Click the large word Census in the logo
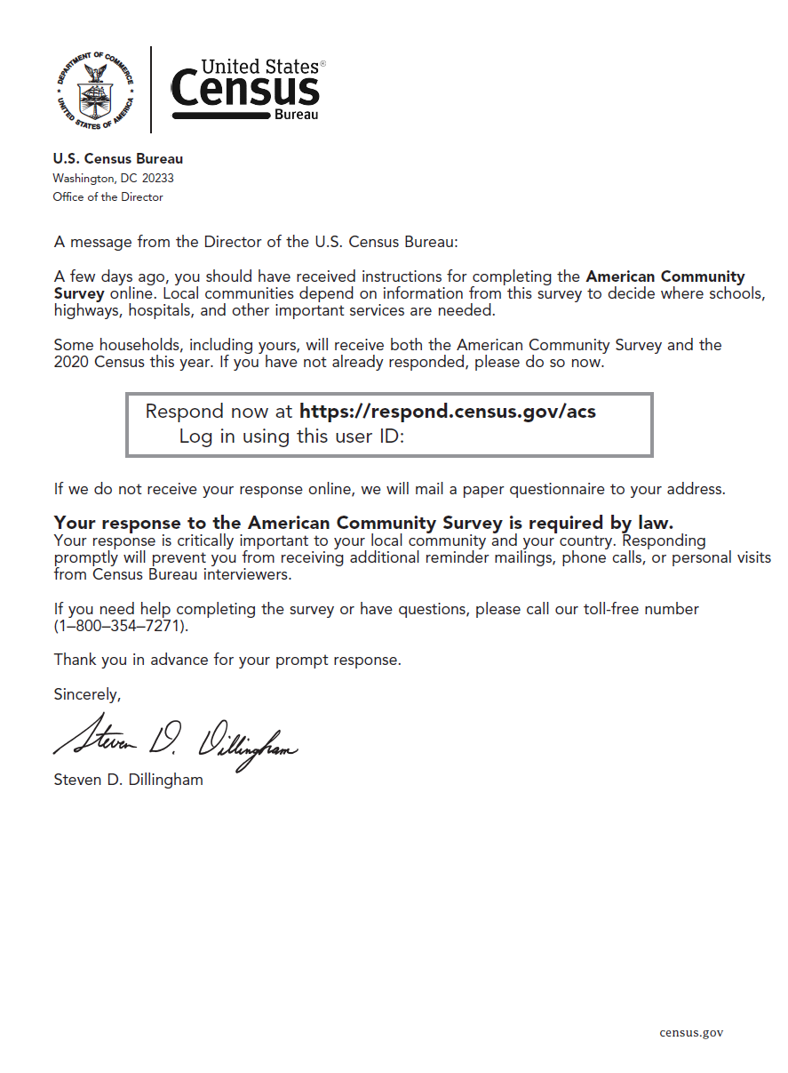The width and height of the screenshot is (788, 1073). pos(244,90)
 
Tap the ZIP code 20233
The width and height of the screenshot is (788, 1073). pos(157,178)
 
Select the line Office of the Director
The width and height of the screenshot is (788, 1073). pos(107,196)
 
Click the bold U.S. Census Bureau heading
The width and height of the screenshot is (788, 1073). pos(118,159)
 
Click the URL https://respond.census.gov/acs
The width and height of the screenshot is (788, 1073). pos(448,412)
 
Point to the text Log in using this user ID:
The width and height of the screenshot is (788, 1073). pos(292,436)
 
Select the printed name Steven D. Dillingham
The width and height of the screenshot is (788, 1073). pos(128,780)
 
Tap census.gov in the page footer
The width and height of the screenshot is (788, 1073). pos(691,1032)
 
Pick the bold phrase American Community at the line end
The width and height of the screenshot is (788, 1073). pos(665,276)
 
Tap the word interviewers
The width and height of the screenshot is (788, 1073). pos(246,574)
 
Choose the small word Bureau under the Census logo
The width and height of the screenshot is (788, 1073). pos(296,115)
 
